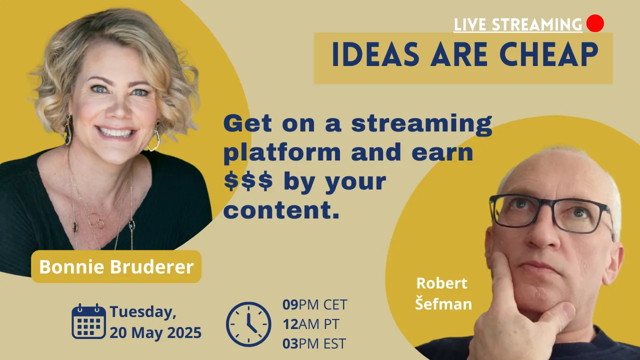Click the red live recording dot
pos(595,23)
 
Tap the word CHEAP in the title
pos(548,54)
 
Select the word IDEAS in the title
pos(375,54)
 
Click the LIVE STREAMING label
pos(518,24)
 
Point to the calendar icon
pos(88,321)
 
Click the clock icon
pos(248,324)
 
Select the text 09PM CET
pos(314,304)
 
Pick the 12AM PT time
pos(311,324)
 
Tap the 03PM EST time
pos(314,343)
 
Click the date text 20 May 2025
pos(155,333)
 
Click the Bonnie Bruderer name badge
pos(116,266)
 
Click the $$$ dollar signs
pos(248,181)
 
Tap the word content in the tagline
pos(281,211)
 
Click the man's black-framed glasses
pos(551,213)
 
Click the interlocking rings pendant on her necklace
pos(96,220)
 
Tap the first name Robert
pos(441,283)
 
